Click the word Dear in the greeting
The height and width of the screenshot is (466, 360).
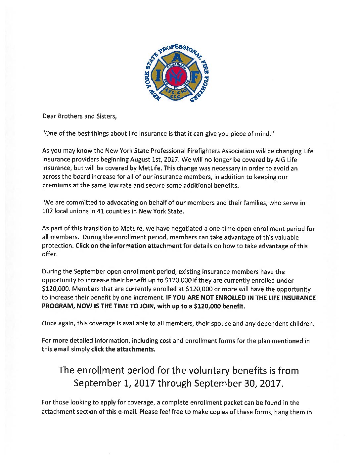pos(49,116)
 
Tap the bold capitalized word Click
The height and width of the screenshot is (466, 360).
pos(82,246)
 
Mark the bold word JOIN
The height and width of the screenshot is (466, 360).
pos(147,306)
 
